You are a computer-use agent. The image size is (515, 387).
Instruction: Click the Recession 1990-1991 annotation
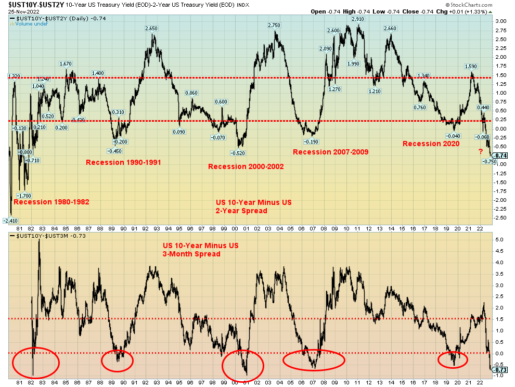(123, 162)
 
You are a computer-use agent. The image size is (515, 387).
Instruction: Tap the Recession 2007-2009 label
(330, 152)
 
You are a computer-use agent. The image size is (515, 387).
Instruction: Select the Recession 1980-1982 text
(51, 202)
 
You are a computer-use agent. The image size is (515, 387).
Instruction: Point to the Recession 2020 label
(431, 144)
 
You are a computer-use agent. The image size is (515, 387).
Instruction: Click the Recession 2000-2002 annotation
(246, 166)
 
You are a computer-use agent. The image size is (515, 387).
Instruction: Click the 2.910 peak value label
(358, 19)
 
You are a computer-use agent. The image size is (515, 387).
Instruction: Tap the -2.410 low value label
(11, 221)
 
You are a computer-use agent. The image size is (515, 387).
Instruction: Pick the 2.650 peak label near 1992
(151, 29)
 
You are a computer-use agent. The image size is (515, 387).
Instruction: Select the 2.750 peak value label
(274, 25)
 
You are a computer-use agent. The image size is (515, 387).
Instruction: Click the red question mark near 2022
(481, 151)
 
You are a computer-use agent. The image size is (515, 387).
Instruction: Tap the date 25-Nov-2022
(19, 11)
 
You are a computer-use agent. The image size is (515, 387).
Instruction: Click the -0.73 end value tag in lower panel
(501, 369)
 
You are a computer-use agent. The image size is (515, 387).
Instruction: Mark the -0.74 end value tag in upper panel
(501, 156)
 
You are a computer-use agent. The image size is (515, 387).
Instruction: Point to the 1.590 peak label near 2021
(471, 66)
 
